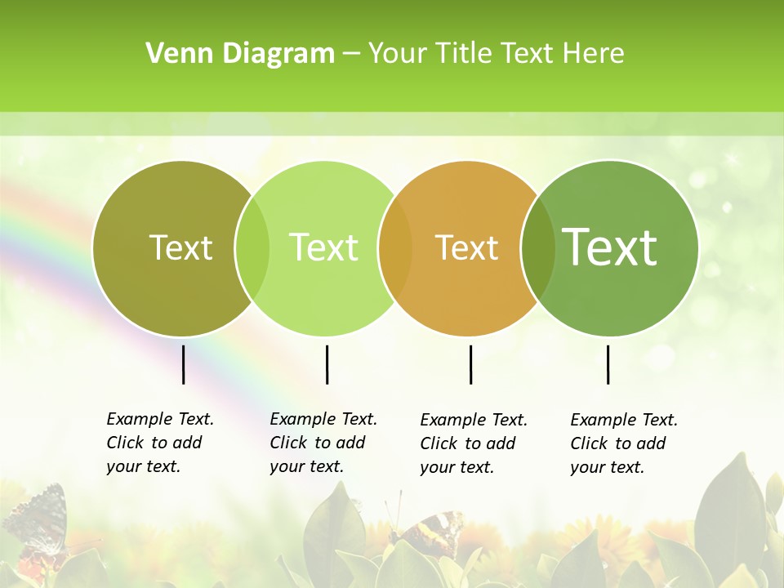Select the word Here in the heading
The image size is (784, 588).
click(595, 54)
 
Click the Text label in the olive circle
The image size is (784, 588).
click(180, 247)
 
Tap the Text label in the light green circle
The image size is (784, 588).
click(323, 247)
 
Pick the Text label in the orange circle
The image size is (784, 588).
click(466, 247)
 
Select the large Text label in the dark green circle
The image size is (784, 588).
click(610, 247)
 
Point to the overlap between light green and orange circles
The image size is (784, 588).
click(395, 248)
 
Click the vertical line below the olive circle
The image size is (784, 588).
click(184, 364)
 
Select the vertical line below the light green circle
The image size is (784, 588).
click(327, 364)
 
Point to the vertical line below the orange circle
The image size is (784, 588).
click(470, 364)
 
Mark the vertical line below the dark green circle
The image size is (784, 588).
click(608, 364)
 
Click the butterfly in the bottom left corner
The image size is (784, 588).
click(37, 523)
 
